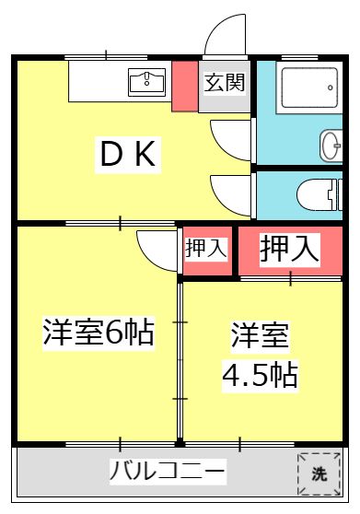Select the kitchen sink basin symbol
click(x=147, y=82)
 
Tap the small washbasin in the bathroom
click(x=331, y=145)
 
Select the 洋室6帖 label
click(x=98, y=332)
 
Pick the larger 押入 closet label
click(x=290, y=250)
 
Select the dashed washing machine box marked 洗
click(x=318, y=473)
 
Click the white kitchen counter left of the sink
click(x=97, y=81)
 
